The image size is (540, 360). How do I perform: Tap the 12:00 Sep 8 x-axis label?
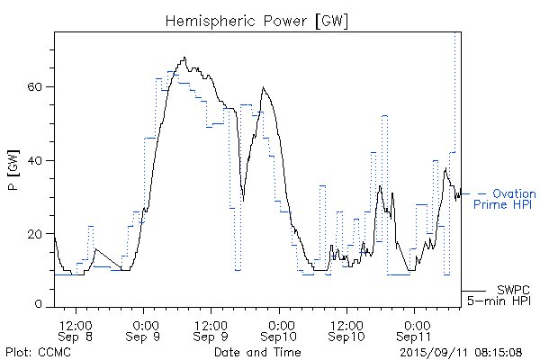pos(76,328)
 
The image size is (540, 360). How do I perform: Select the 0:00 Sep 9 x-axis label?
pos(145,328)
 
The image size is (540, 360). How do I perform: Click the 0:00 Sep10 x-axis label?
pos(280,328)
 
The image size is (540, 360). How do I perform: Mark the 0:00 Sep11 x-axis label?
pos(415,328)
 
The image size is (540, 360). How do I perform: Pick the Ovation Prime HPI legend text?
pos(505,199)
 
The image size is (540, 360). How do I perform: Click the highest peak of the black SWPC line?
pos(184,58)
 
